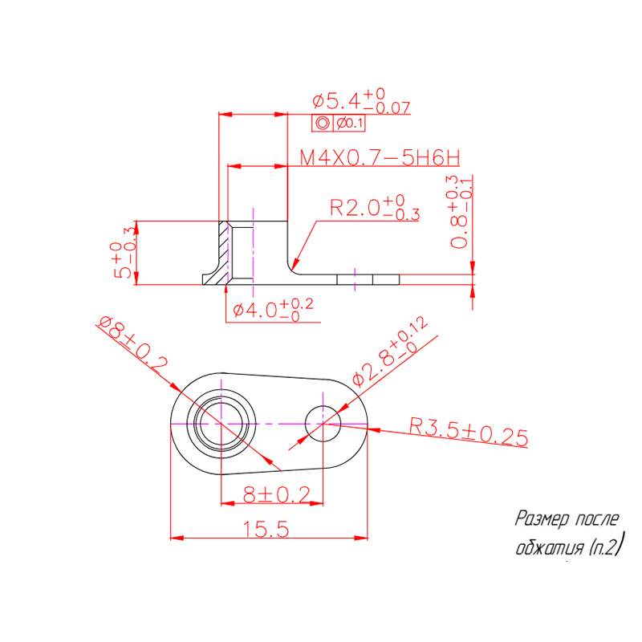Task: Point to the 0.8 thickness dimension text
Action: pyautogui.click(x=459, y=212)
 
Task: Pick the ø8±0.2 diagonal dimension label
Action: pyautogui.click(x=132, y=342)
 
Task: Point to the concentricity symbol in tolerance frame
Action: pyautogui.click(x=322, y=124)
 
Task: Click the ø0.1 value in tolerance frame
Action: pyautogui.click(x=349, y=124)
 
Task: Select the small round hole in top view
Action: pyautogui.click(x=323, y=422)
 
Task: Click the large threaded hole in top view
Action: pyautogui.click(x=221, y=422)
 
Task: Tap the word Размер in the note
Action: pyautogui.click(x=542, y=519)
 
